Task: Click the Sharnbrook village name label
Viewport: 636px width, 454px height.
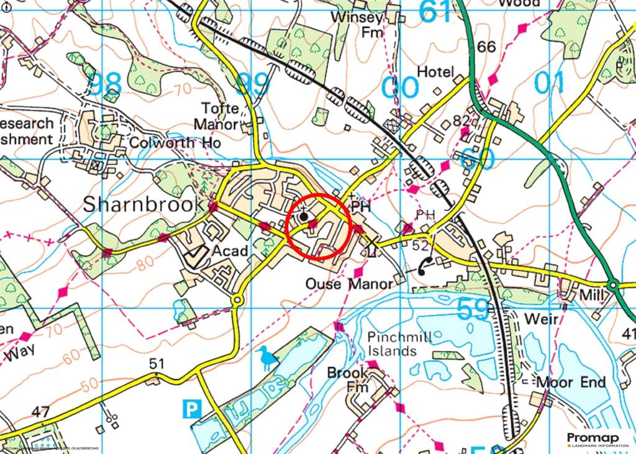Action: (143, 204)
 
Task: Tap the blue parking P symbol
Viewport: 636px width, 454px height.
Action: (192, 408)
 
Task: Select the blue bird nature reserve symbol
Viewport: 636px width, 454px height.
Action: (266, 358)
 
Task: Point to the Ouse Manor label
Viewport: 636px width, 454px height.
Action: (350, 284)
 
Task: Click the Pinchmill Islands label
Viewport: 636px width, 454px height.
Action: (391, 344)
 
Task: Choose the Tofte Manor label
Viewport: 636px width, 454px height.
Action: (217, 116)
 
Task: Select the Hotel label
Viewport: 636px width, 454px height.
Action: (435, 72)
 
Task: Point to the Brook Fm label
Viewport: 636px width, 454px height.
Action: (348, 380)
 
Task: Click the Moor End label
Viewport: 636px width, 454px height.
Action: (571, 382)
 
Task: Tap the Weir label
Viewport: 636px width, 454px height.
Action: (542, 319)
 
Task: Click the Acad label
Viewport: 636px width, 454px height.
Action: (230, 251)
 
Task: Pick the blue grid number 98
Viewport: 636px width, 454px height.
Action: (104, 84)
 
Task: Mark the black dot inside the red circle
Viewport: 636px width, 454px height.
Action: (304, 217)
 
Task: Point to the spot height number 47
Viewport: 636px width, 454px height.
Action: (40, 411)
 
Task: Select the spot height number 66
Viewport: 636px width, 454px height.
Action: (487, 47)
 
